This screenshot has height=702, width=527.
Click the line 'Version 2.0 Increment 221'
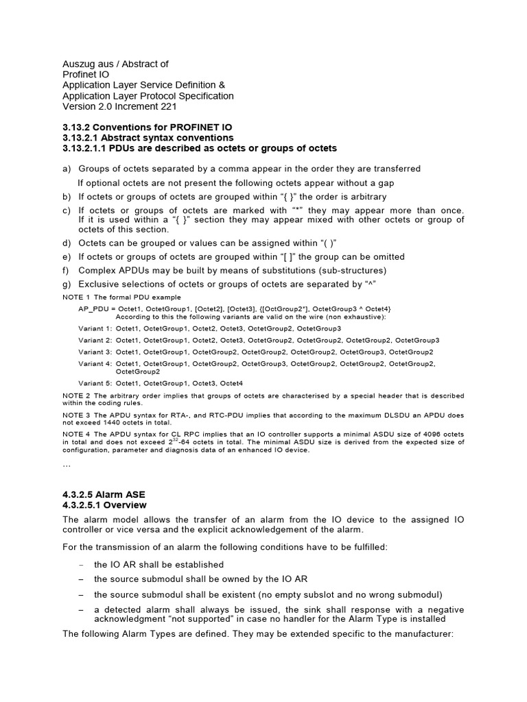tap(120, 107)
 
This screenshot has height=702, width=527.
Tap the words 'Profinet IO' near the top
tap(86, 75)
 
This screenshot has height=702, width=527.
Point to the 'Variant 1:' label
tap(95, 329)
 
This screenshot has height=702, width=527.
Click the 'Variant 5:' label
tap(95, 383)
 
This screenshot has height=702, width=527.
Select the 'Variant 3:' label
tap(95, 351)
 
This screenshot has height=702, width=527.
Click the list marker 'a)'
tap(67, 169)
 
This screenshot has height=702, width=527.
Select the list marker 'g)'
tap(67, 284)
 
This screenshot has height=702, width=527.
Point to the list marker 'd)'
tap(67, 243)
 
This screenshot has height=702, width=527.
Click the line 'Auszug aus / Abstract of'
tap(115, 64)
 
